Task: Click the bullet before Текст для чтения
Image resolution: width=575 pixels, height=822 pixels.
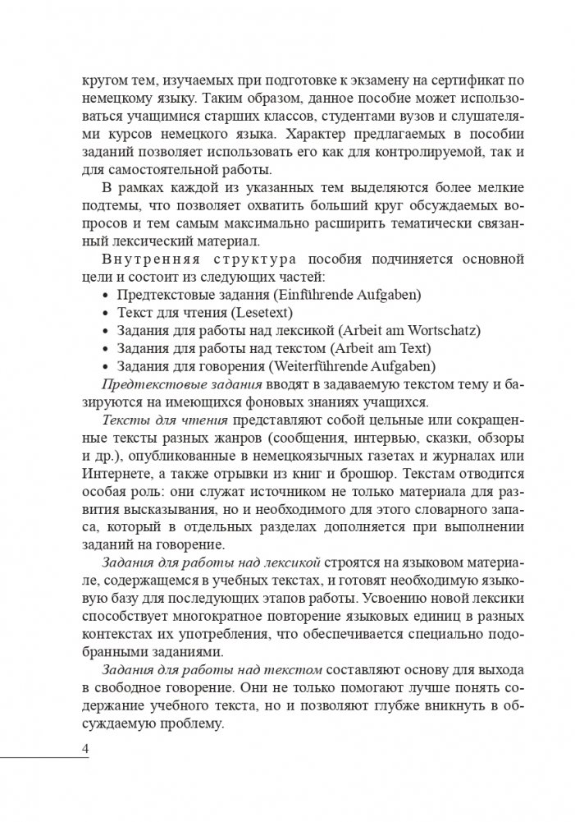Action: click(105, 313)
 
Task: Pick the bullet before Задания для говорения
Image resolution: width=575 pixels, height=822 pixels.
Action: click(105, 366)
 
